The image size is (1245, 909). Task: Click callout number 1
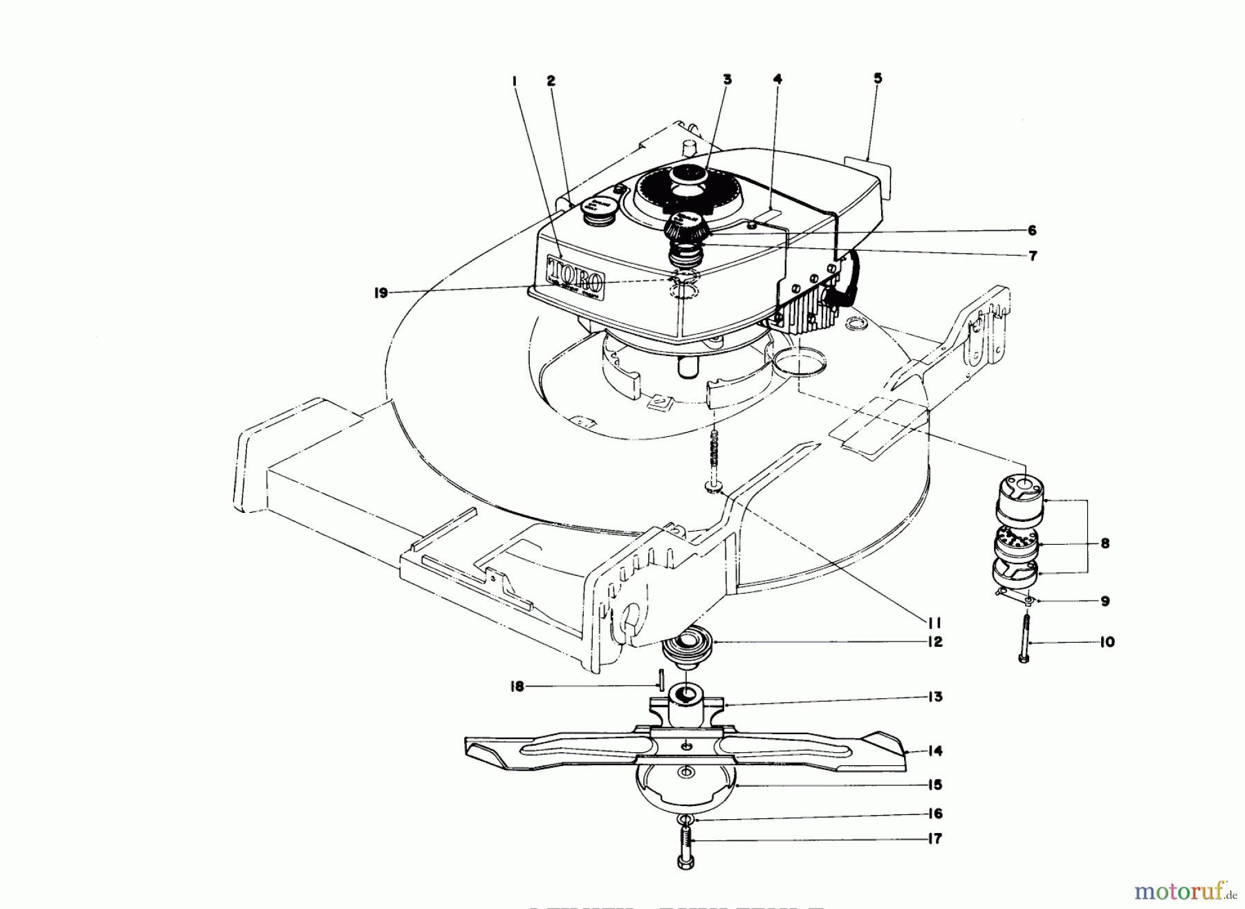515,82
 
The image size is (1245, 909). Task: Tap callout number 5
878,79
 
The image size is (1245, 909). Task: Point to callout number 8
1105,543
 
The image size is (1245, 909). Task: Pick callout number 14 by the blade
935,751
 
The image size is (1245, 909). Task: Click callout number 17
935,839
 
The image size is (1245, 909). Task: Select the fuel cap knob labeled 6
683,225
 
